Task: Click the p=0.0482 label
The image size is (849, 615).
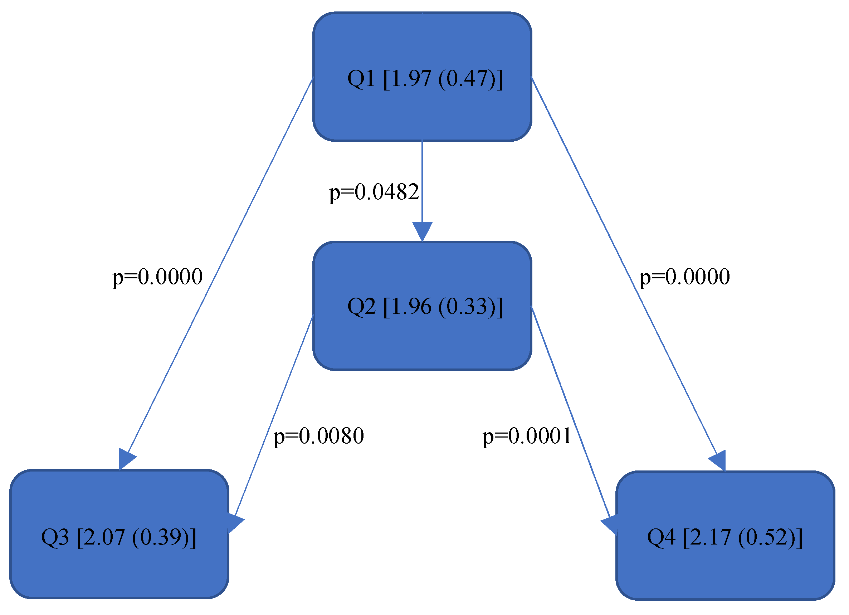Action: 374,192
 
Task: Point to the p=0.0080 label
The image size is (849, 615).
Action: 318,436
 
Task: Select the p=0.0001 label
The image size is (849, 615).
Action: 527,436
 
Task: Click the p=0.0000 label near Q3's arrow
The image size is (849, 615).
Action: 157,277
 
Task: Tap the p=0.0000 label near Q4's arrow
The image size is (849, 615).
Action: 685,277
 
